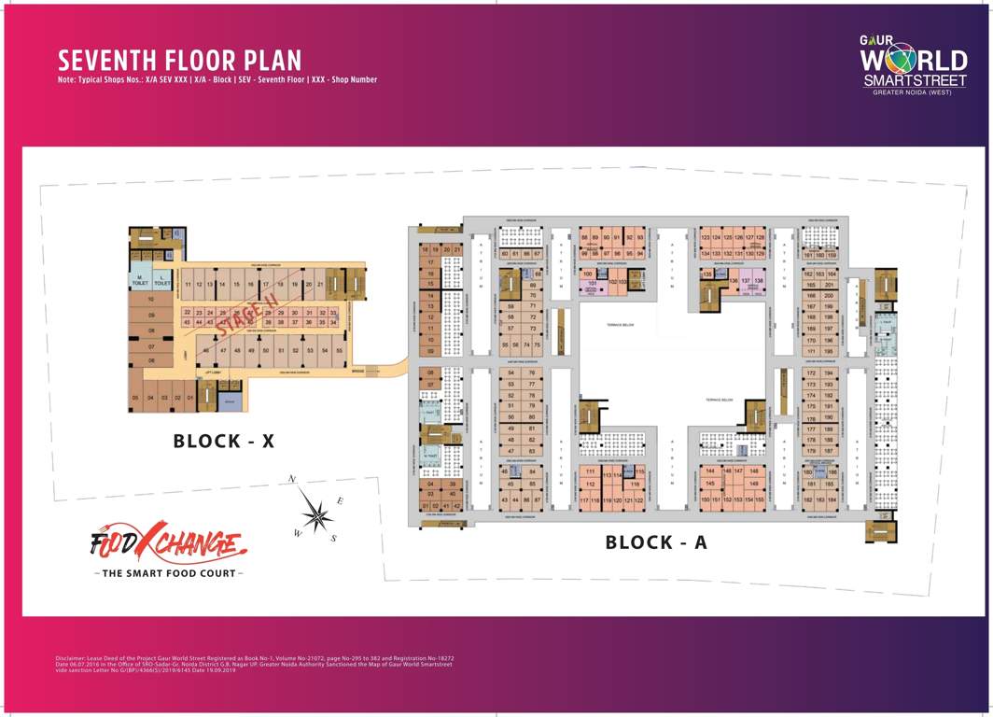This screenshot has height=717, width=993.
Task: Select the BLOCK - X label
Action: tap(224, 442)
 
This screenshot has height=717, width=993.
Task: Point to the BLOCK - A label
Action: tap(656, 542)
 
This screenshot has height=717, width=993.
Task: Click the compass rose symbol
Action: tap(316, 513)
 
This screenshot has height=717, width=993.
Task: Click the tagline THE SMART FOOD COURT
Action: tap(167, 572)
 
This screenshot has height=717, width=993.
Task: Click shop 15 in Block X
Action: tap(237, 284)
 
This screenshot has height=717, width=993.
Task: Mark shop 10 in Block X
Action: tap(150, 300)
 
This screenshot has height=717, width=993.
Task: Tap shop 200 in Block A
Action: tap(828, 295)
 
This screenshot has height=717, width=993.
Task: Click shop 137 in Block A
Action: tap(746, 280)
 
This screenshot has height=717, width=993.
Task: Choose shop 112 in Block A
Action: tap(590, 485)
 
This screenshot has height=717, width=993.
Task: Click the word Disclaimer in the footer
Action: tap(74, 657)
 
